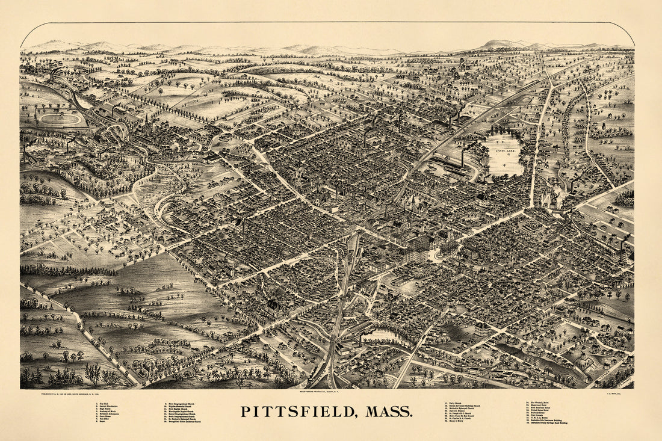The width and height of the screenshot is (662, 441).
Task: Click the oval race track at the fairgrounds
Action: click(x=60, y=119)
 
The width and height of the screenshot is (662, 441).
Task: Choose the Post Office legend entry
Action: click(x=105, y=419)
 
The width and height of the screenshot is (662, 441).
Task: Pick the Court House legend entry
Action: click(x=106, y=416)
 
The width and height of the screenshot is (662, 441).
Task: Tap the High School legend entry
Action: click(x=105, y=409)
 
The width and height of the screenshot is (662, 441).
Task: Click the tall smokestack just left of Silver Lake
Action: click(x=462, y=158)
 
